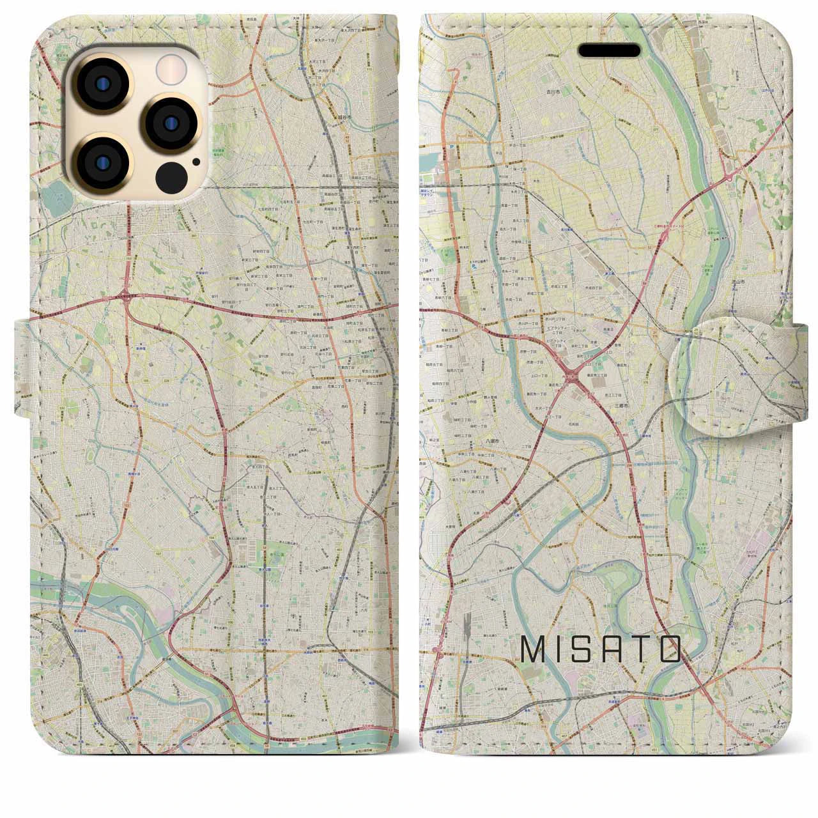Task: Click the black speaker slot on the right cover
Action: coord(609,50)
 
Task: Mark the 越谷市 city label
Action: coord(346,117)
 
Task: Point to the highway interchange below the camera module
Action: coord(123,297)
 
